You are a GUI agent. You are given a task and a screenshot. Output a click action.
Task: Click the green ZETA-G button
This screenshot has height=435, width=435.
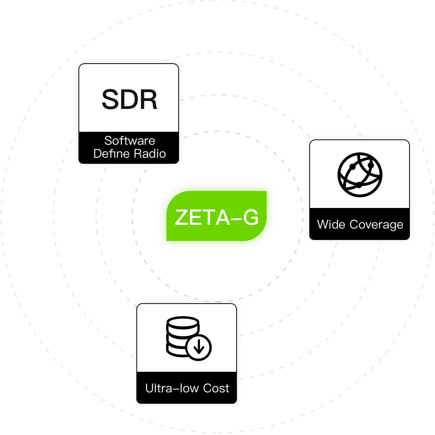click(216, 216)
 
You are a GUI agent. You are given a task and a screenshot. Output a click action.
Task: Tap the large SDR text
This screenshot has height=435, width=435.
click(130, 99)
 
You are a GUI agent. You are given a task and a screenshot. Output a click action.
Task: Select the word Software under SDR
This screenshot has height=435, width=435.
click(130, 141)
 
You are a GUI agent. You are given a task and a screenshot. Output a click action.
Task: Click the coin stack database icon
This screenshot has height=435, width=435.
click(183, 337)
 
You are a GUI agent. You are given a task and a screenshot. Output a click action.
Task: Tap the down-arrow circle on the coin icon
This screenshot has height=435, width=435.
click(199, 347)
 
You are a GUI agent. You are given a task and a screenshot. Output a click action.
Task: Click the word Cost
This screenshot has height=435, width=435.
click(216, 388)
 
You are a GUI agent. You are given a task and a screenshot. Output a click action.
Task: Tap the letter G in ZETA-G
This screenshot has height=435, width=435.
click(250, 217)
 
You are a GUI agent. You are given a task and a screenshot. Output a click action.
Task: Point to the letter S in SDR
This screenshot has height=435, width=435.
click(110, 99)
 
